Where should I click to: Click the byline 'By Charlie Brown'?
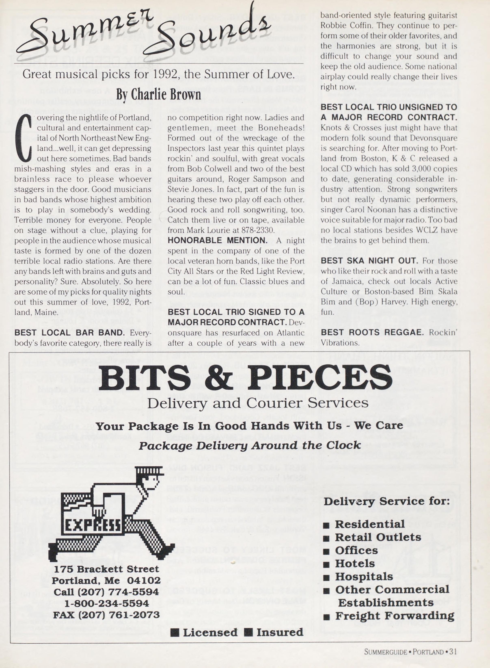pos(158,95)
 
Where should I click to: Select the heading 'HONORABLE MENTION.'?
pos(217,240)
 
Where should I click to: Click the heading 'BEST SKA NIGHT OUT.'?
pos(369,261)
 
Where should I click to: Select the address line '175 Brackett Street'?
pos(106,569)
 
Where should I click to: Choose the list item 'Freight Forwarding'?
pos(394,616)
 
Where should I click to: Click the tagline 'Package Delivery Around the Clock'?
pos(250,445)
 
